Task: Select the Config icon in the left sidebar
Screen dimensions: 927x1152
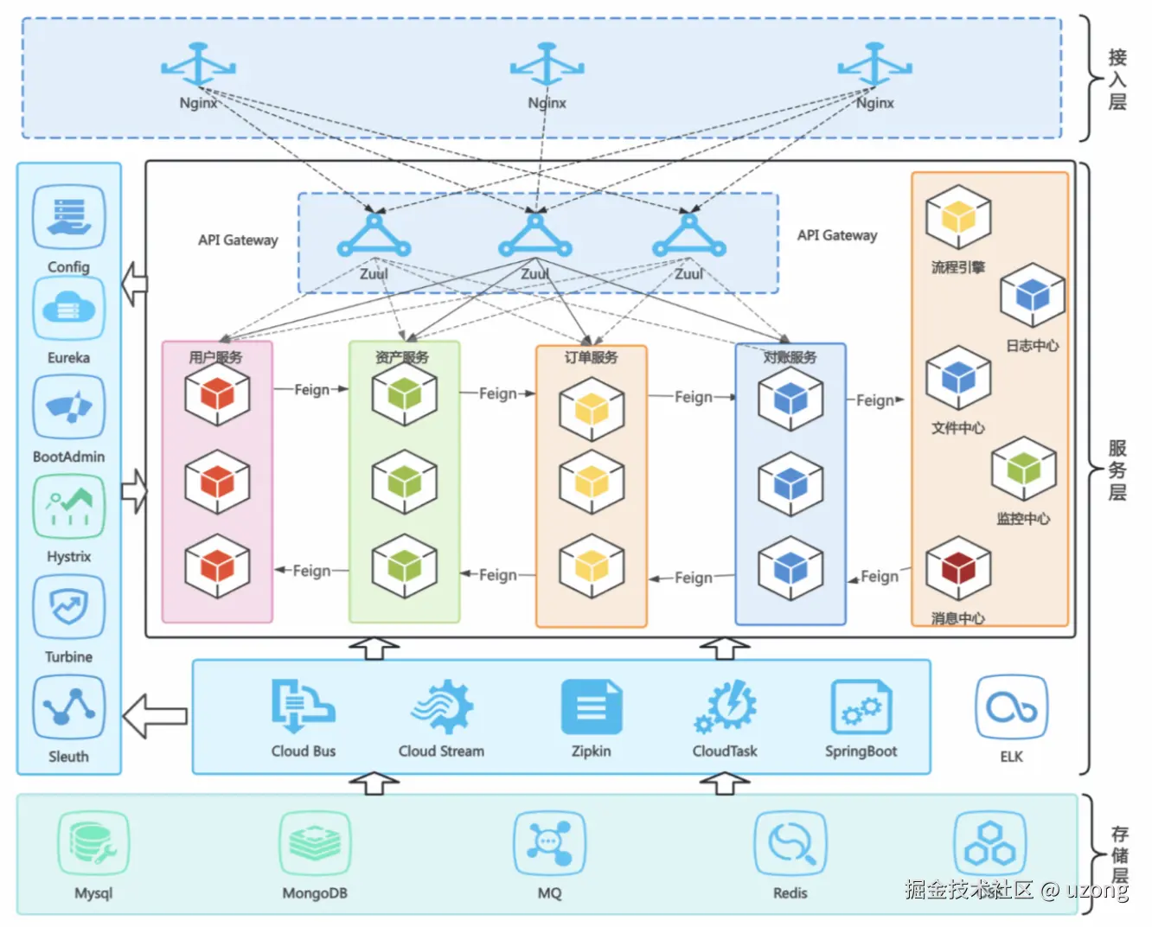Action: (x=68, y=216)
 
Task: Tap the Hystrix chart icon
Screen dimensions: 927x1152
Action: (x=68, y=507)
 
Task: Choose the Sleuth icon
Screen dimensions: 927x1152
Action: (x=68, y=707)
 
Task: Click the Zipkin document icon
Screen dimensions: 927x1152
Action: (x=592, y=706)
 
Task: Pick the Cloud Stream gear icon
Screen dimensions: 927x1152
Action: (x=441, y=706)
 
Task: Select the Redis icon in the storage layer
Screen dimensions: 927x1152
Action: (x=790, y=843)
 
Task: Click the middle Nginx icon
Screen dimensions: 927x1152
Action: (x=547, y=66)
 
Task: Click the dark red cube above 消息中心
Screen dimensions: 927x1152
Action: (x=957, y=569)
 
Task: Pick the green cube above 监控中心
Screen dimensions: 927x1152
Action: (x=1023, y=470)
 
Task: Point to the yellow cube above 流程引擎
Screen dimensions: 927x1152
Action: (x=957, y=218)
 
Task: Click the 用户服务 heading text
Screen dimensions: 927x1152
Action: (x=215, y=357)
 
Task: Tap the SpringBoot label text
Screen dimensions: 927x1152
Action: (x=861, y=751)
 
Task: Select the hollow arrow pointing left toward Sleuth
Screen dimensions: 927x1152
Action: (x=155, y=716)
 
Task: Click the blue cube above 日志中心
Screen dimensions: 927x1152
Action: (x=1032, y=297)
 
